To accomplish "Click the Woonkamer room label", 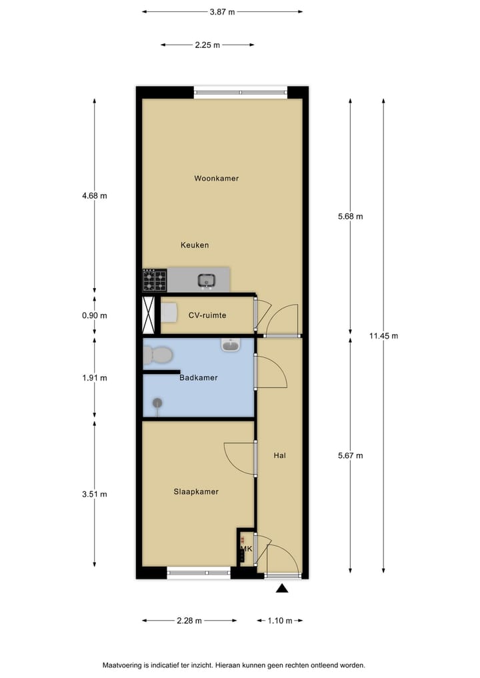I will click(x=216, y=179).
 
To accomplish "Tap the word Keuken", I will click(x=195, y=245).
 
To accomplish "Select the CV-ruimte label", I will click(x=207, y=316).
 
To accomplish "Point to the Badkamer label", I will click(x=199, y=378).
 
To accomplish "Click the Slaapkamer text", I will click(x=196, y=492).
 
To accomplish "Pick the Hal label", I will click(x=280, y=456).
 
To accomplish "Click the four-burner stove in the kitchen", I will click(x=154, y=280).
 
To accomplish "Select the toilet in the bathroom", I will click(x=157, y=355).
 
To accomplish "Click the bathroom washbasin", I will click(x=231, y=345).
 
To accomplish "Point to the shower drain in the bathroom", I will click(x=158, y=402).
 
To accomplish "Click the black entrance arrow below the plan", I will click(x=282, y=588).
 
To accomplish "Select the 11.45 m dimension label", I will click(x=383, y=336).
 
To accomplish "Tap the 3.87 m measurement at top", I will click(x=222, y=11).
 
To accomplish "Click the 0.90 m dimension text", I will click(x=94, y=316).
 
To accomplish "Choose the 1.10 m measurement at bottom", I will click(x=280, y=621).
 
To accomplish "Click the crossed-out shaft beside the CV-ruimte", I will click(x=149, y=315).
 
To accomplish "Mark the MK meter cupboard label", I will click(x=245, y=549).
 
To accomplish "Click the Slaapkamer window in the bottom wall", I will click(x=198, y=572).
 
